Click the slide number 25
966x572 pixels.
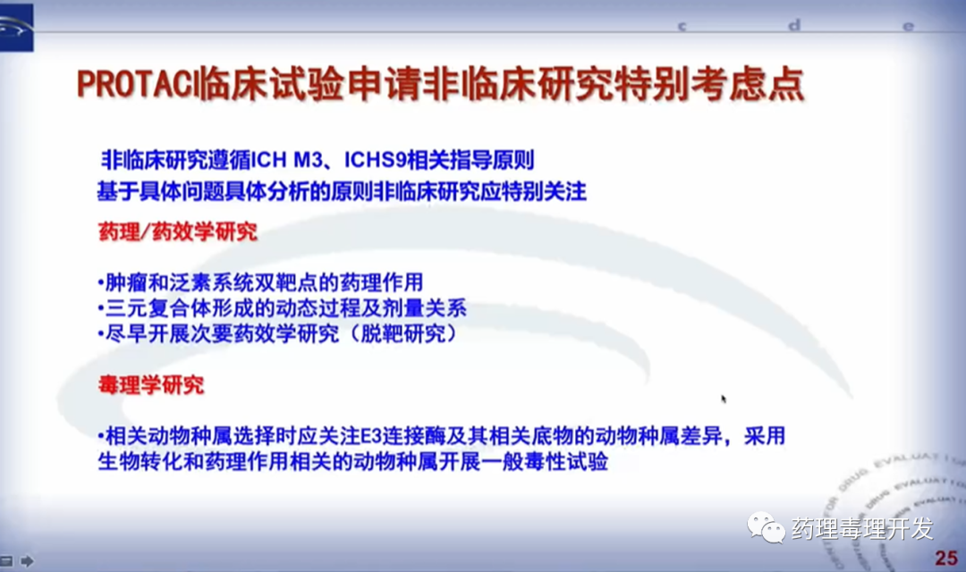pos(945,558)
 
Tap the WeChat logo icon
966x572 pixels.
pos(766,527)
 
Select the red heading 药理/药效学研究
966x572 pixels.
pos(177,231)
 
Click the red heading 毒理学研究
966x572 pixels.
pos(151,385)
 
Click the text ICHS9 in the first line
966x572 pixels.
pos(375,160)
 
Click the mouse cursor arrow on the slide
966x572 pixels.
pos(724,399)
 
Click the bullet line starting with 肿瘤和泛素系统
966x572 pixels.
pos(260,282)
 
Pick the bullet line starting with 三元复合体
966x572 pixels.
pos(282,307)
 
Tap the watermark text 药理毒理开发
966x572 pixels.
pos(862,528)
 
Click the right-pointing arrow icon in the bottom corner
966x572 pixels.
pos(27,561)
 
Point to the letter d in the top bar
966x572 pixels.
pos(794,25)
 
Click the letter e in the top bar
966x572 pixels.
pos(908,27)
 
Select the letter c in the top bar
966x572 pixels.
pos(682,27)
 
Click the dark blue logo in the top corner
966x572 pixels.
pos(17,27)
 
